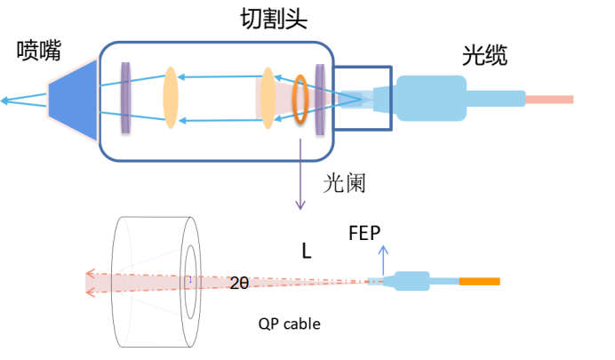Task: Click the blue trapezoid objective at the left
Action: point(72,100)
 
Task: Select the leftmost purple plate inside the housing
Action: point(125,98)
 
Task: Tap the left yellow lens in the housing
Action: point(171,98)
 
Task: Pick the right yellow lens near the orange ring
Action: point(268,98)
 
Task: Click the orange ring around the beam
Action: point(300,99)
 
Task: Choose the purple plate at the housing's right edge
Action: point(320,99)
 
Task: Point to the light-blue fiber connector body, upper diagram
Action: point(431,98)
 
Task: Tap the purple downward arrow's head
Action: point(300,206)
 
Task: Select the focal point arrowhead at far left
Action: point(5,100)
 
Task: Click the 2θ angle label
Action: point(238,283)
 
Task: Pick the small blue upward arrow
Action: point(383,250)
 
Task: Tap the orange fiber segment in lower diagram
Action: point(480,282)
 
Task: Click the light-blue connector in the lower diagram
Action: point(411,281)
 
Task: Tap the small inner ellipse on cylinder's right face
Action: point(188,282)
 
